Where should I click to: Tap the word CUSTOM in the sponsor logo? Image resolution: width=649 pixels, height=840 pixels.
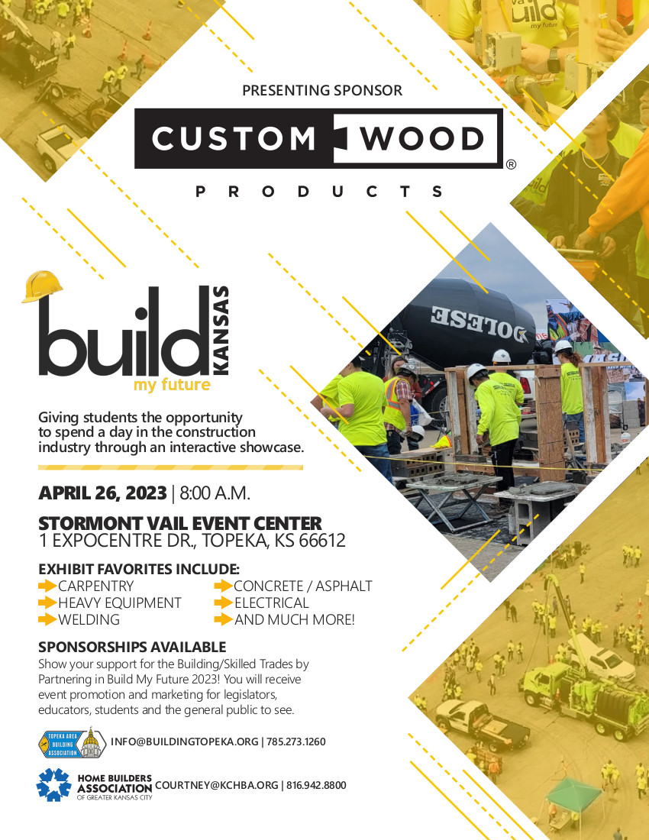tap(234, 139)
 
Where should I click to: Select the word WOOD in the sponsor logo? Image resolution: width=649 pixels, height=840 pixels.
tap(423, 139)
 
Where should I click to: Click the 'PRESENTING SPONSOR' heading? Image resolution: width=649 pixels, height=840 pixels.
tap(321, 90)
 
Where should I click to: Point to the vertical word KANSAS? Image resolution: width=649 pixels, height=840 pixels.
tap(220, 330)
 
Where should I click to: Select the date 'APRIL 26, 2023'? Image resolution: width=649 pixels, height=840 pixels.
tap(102, 493)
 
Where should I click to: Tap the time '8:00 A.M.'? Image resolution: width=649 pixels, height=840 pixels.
tap(215, 493)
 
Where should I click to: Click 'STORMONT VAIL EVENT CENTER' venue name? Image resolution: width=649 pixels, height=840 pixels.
tap(180, 524)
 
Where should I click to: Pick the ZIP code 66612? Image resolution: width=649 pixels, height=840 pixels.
tap(319, 541)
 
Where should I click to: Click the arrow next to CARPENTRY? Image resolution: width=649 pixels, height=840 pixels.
tap(47, 586)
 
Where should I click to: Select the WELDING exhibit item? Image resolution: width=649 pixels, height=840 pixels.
tap(89, 619)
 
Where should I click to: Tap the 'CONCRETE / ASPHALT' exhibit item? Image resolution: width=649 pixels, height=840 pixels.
tap(302, 586)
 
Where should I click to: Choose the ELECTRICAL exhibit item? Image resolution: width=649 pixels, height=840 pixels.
tap(271, 603)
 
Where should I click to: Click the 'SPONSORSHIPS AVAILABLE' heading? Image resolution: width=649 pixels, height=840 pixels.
tap(132, 647)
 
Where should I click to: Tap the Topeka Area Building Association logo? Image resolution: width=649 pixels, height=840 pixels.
tap(70, 741)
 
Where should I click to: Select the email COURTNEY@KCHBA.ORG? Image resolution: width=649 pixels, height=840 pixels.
tap(216, 785)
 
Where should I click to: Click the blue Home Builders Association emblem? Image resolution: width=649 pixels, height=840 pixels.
tap(53, 784)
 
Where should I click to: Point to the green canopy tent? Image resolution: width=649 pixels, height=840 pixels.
tap(573, 794)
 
